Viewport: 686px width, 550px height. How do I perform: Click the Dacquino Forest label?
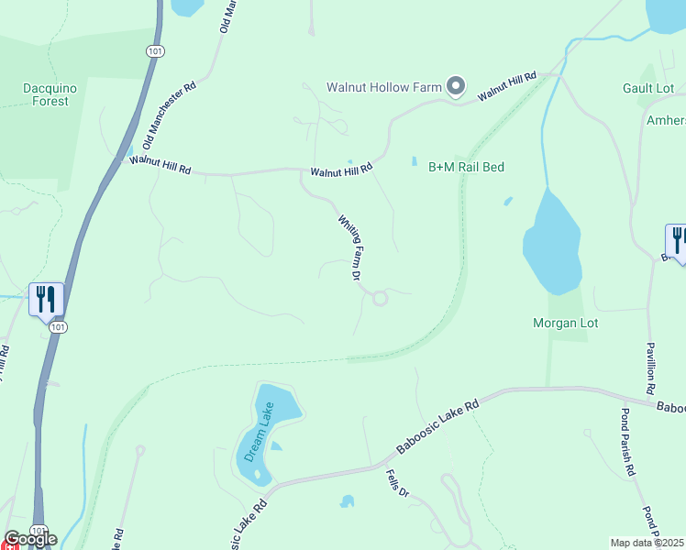point(46,94)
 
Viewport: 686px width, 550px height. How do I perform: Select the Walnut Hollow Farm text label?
point(384,88)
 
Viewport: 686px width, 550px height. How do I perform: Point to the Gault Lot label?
point(648,88)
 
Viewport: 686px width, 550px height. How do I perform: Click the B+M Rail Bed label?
point(467,167)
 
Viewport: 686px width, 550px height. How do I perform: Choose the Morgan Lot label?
point(565,323)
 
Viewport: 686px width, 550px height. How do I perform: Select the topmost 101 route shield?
point(154,51)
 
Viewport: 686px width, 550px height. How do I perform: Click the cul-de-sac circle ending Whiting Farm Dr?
point(380,298)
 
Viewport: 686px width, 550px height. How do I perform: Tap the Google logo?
point(29,538)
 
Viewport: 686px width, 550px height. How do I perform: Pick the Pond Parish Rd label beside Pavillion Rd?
point(629,441)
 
